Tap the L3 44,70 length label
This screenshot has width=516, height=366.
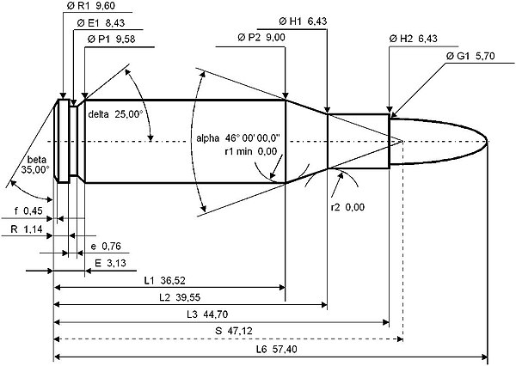(x=209, y=314)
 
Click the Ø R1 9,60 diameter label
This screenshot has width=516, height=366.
(x=90, y=7)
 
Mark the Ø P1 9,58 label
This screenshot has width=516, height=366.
(x=111, y=40)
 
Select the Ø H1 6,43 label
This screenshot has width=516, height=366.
(x=305, y=21)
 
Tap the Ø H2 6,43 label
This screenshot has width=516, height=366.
(x=415, y=40)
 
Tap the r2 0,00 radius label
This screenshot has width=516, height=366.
(x=349, y=207)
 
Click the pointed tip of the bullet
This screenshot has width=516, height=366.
(x=488, y=141)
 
